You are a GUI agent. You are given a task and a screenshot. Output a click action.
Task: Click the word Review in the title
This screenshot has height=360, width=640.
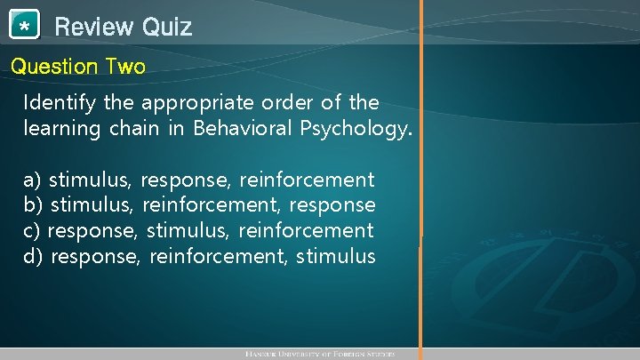[x=91, y=27]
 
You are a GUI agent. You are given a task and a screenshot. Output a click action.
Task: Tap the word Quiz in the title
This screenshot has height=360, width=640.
[x=164, y=27]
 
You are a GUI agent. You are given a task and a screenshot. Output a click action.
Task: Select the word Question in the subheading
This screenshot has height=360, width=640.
[x=54, y=67]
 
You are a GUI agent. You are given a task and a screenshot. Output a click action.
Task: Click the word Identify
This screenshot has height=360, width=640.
[x=60, y=103]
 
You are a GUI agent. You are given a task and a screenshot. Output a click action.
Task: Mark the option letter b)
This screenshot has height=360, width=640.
[x=33, y=205]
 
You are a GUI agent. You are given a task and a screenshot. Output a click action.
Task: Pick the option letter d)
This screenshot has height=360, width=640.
[x=33, y=257]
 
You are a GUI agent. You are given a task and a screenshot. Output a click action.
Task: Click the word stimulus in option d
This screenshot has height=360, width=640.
[x=337, y=257]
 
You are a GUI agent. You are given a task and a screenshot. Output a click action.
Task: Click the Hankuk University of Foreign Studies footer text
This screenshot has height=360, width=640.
[x=319, y=354]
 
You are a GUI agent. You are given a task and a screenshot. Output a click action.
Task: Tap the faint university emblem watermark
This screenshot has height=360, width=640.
[x=533, y=258]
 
